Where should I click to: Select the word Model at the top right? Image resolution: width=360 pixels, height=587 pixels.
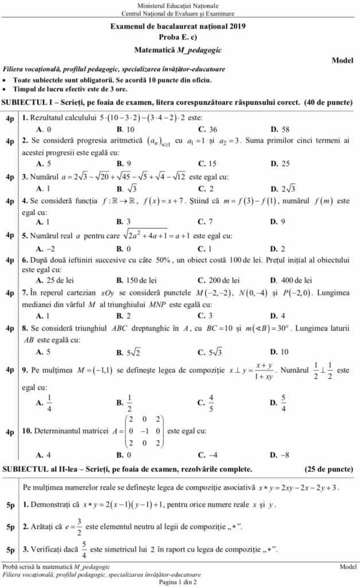click(x=342, y=60)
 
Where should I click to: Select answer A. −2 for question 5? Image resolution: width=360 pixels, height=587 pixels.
click(x=45, y=248)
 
